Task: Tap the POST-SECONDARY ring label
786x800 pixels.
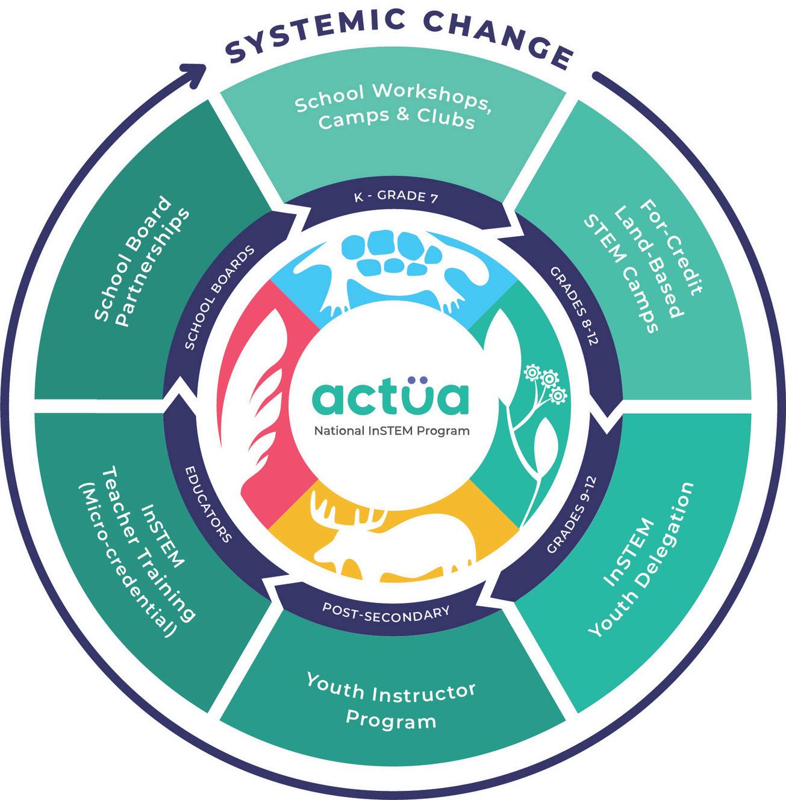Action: click(x=386, y=611)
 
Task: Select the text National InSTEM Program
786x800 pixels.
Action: click(x=391, y=431)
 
